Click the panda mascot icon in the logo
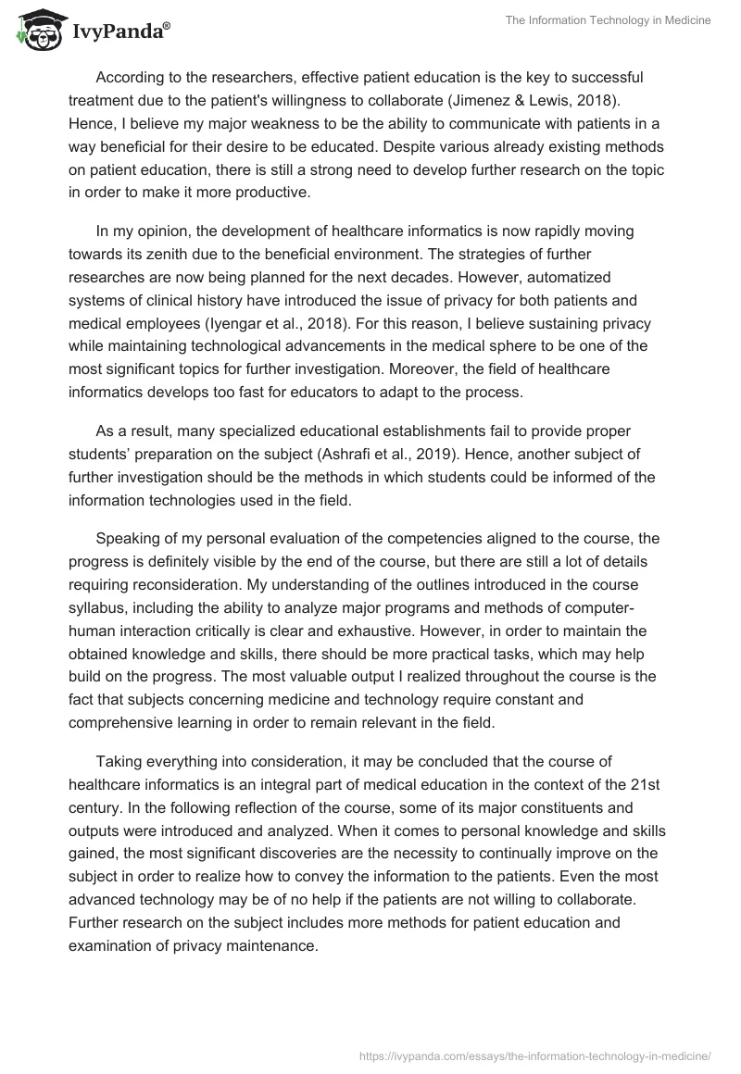point(36,31)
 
